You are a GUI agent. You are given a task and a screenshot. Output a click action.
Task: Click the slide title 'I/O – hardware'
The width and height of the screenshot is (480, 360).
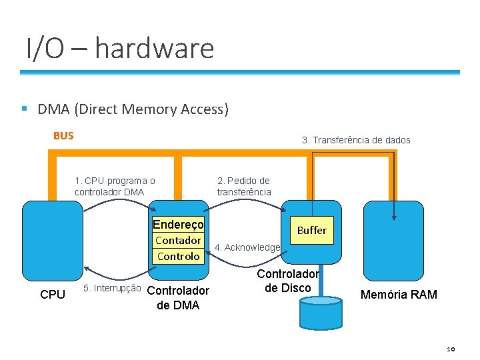120,49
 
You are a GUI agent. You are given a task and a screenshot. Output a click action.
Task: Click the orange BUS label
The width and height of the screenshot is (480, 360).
63,136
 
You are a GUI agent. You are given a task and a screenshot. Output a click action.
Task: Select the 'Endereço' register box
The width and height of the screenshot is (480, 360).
178,225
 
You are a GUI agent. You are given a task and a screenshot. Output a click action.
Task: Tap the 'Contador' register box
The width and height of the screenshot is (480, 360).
178,241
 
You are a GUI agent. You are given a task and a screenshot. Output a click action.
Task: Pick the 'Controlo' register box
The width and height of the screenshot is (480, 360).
178,256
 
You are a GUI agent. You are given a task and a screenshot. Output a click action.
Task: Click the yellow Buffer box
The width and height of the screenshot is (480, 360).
311,230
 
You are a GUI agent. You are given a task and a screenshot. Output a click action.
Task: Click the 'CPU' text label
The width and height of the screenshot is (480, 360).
53,294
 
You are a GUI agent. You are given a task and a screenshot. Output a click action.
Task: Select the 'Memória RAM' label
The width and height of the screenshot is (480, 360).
399,294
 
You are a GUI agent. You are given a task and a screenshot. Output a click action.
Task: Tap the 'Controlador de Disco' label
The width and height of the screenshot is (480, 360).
288,281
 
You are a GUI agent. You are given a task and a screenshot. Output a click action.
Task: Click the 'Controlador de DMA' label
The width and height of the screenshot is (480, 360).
177,297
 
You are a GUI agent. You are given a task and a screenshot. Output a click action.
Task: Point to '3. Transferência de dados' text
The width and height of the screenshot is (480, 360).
356,140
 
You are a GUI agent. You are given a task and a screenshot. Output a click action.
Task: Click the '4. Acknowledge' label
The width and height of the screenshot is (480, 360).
247,247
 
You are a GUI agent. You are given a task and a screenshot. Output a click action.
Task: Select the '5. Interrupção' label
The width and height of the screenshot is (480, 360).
111,288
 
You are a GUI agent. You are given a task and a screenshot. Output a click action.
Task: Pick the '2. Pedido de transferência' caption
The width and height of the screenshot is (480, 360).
244,186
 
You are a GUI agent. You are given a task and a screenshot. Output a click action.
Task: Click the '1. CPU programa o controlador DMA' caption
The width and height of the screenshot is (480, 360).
115,186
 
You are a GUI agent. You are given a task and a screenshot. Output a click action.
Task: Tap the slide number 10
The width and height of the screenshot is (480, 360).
450,349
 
